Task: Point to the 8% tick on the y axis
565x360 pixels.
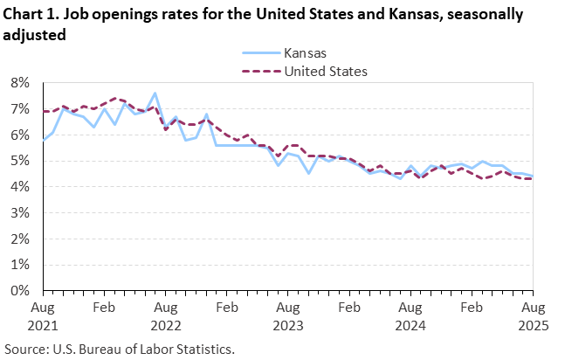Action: click(x=20, y=83)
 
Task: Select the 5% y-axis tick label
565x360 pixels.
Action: click(x=20, y=161)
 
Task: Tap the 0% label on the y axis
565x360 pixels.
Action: click(x=20, y=291)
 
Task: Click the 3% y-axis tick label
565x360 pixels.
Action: click(x=20, y=213)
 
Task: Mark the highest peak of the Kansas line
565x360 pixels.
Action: click(x=155, y=93)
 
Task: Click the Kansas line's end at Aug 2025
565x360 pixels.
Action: click(x=532, y=176)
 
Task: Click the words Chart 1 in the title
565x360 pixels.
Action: click(x=31, y=15)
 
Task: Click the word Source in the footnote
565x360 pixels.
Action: click(x=27, y=348)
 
